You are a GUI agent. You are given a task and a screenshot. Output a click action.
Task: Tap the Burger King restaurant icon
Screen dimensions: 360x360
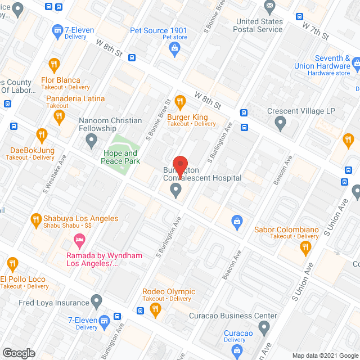tap(180, 102)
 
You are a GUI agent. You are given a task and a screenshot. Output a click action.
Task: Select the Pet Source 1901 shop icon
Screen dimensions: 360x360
tap(174, 49)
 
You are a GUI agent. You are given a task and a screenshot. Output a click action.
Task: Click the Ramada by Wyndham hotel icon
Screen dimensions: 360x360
tap(79, 242)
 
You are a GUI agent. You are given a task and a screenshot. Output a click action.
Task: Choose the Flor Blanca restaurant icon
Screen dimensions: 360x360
tap(54, 64)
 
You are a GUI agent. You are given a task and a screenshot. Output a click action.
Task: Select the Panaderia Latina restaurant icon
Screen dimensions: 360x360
tap(59, 117)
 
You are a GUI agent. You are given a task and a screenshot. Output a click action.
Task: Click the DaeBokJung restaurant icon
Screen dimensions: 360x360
tap(41, 135)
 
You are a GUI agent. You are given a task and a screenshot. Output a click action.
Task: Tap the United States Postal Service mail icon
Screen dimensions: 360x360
tap(269, 7)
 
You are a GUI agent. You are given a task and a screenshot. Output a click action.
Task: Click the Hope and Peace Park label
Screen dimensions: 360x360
tap(119, 157)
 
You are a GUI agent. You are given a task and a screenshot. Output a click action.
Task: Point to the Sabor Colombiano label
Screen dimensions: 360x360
tap(287, 229)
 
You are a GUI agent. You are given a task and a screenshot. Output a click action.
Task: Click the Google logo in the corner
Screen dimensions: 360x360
tap(18, 353)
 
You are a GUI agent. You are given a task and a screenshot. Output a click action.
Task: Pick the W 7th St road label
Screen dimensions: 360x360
tap(315, 30)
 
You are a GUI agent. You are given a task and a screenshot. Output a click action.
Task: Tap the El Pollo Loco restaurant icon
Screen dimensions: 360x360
tap(12, 263)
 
